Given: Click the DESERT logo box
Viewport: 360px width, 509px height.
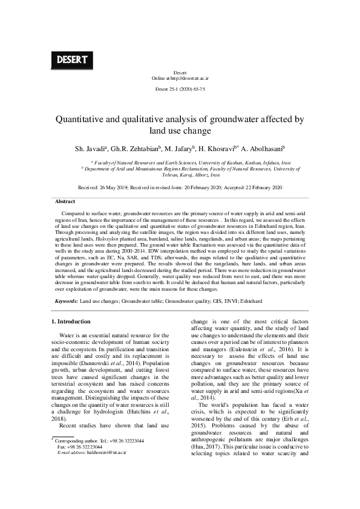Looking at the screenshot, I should coord(73,60).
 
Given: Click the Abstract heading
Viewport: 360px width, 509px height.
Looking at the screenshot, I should coord(65,201).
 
